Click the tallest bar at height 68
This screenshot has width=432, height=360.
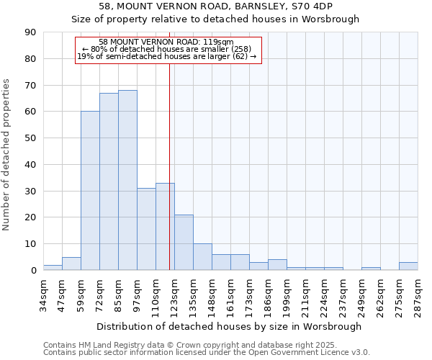click(127, 180)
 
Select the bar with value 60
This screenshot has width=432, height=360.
click(90, 191)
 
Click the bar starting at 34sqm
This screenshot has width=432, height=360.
click(53, 267)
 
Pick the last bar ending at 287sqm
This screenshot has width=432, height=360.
click(408, 266)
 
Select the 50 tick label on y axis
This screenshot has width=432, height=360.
click(30, 138)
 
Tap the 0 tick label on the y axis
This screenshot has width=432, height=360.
click(32, 270)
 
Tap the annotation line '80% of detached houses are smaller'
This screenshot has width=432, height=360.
click(166, 49)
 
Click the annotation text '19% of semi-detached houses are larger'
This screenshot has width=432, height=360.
click(166, 56)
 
